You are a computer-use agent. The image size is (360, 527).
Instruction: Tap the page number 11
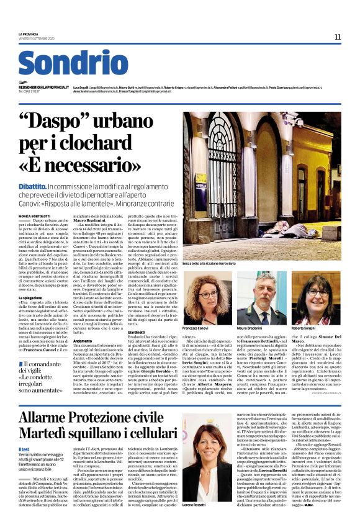pos(337,37)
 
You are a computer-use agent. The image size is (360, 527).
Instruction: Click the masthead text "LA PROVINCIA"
pos(29,34)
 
